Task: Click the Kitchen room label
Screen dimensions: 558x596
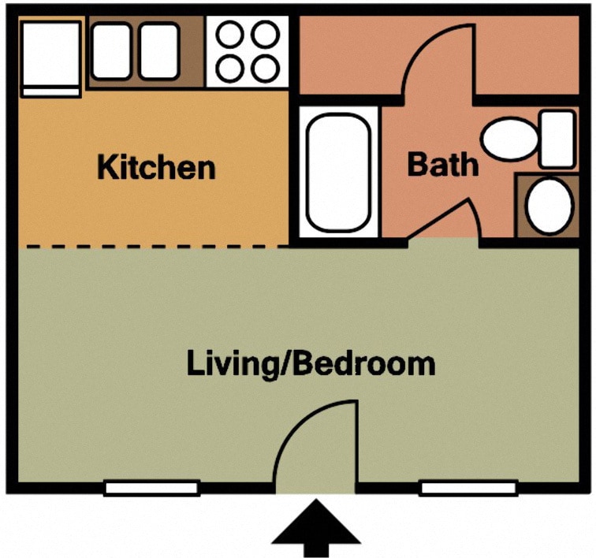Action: (x=156, y=167)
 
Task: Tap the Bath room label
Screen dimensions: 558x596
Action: (x=442, y=165)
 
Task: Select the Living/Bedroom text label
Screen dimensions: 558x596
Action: (x=311, y=364)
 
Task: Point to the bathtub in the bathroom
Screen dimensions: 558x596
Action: (x=337, y=171)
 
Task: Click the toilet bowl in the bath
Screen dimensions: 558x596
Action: (x=509, y=139)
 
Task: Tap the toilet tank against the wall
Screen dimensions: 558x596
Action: (x=557, y=139)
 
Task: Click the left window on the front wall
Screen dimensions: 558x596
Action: (x=151, y=488)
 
